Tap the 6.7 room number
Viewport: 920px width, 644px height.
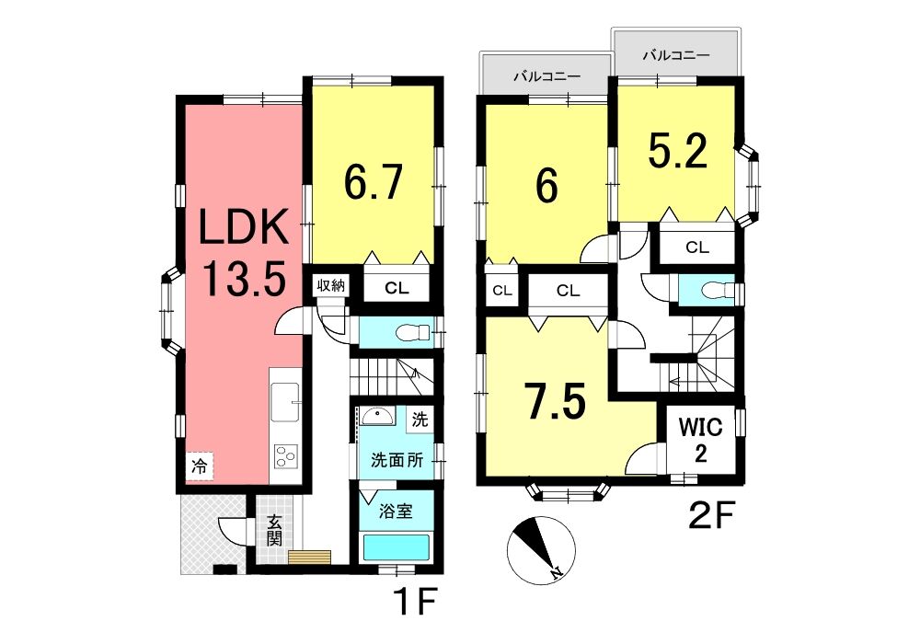click(x=374, y=181)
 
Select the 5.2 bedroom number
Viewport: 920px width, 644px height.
click(x=678, y=151)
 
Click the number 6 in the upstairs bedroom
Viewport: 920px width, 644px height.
click(x=546, y=186)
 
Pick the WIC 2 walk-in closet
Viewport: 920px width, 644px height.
click(x=700, y=440)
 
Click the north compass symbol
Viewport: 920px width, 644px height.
click(x=540, y=550)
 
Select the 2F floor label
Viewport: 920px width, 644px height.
click(x=710, y=515)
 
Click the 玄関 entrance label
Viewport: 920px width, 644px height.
click(x=274, y=530)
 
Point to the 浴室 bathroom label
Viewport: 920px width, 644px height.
click(x=395, y=512)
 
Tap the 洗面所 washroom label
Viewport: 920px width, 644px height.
click(x=397, y=460)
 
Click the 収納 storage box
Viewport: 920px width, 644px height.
click(x=331, y=286)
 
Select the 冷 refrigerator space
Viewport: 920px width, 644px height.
click(x=200, y=466)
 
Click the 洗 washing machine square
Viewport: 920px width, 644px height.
click(x=420, y=420)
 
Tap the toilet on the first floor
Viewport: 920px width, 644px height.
click(x=409, y=334)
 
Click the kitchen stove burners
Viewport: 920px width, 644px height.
click(x=286, y=456)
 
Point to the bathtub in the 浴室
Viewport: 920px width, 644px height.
click(x=397, y=547)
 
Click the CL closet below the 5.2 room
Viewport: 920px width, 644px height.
click(x=697, y=247)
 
